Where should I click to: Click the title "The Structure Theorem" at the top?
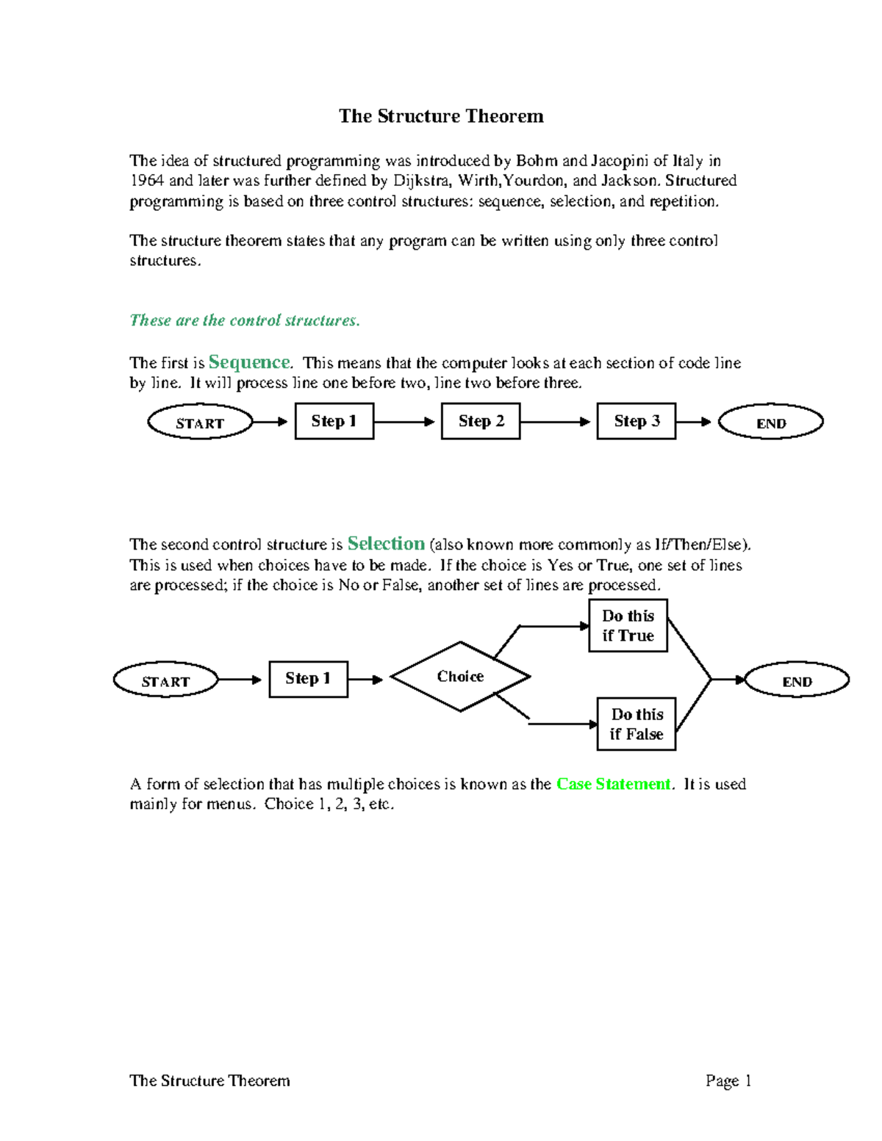click(441, 116)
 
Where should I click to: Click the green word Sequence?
click(249, 362)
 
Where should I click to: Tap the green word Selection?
click(386, 544)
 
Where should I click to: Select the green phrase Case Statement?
click(613, 784)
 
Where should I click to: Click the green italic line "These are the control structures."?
click(245, 320)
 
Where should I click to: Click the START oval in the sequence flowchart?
click(200, 422)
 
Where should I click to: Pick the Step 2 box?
click(481, 421)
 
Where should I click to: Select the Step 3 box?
click(637, 421)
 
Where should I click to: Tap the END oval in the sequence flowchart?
click(770, 422)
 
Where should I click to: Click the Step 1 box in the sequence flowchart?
click(334, 421)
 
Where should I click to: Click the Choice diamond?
click(460, 677)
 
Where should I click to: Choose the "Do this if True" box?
click(628, 625)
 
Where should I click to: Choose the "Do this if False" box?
click(637, 724)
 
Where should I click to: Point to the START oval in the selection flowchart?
click(165, 680)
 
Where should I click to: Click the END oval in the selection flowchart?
click(797, 680)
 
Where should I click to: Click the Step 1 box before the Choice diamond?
click(308, 679)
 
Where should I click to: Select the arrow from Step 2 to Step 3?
click(556, 422)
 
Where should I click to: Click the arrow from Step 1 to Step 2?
click(405, 422)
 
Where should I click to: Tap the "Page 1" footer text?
click(728, 1081)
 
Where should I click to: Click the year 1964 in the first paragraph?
click(146, 181)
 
